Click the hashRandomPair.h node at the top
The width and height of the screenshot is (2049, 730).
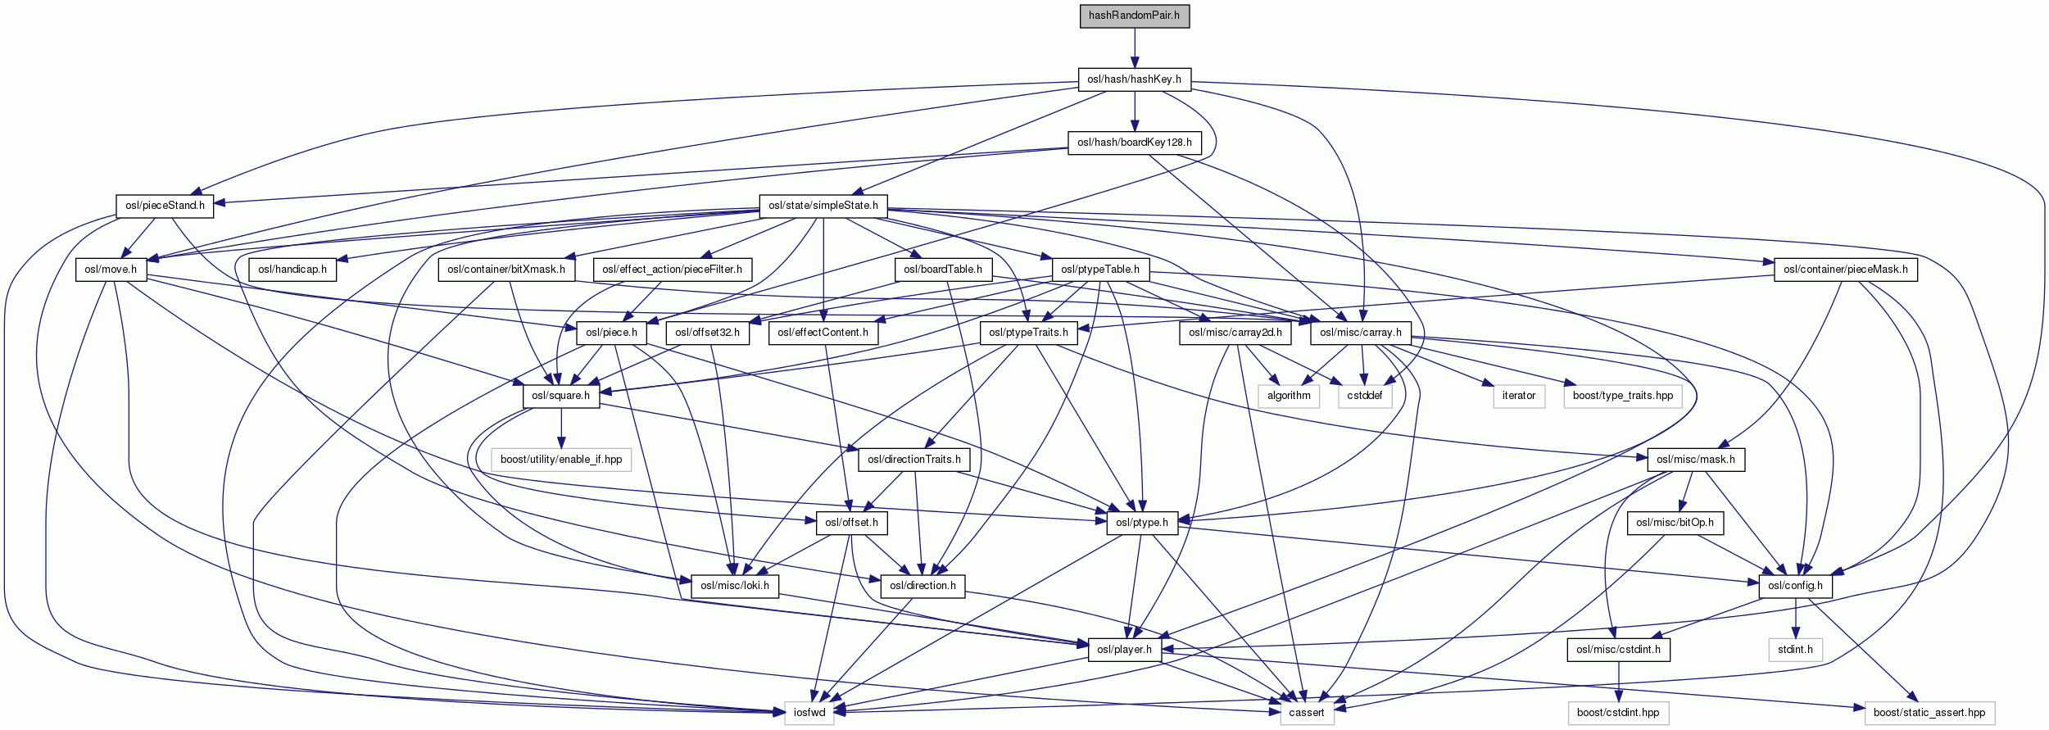point(1134,16)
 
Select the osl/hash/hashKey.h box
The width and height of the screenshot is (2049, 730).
point(1134,79)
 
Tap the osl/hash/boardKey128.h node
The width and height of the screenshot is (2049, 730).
point(1134,143)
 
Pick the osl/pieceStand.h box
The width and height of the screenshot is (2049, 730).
point(165,206)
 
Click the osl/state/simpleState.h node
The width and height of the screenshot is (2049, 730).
point(823,206)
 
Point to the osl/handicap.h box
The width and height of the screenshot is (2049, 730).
point(292,270)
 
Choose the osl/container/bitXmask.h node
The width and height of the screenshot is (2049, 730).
point(506,270)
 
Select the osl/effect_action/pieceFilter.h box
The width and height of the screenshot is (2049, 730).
point(672,270)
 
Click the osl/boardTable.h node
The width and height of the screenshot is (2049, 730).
point(942,270)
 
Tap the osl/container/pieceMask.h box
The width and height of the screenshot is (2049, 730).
point(1845,270)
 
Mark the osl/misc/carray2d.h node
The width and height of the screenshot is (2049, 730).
point(1235,333)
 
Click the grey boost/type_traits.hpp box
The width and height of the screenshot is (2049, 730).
point(1622,396)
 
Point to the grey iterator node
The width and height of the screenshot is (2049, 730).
point(1518,396)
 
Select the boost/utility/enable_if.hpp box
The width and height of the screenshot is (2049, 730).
point(561,460)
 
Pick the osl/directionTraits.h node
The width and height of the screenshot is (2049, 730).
point(914,460)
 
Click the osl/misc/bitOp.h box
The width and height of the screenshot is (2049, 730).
point(1675,523)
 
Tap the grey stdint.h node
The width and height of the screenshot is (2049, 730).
point(1795,650)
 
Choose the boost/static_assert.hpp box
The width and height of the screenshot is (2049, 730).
point(1929,713)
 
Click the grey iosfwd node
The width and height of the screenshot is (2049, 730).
point(809,713)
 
